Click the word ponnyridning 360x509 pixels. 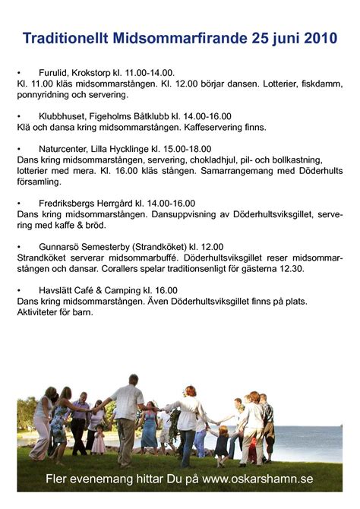(x=43, y=96)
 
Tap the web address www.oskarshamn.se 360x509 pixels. (x=257, y=479)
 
